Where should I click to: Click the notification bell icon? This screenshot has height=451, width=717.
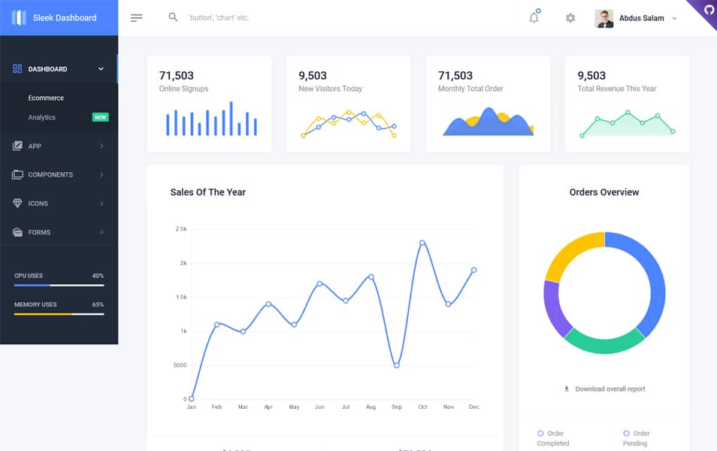[534, 18]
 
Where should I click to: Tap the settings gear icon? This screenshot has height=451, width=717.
[570, 18]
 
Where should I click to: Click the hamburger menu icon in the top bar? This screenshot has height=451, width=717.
[136, 18]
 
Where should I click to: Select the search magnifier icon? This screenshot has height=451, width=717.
[173, 17]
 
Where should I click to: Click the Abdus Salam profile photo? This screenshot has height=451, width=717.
[604, 18]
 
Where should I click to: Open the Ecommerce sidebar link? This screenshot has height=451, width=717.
[46, 98]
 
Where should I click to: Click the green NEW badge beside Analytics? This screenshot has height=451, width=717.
[100, 117]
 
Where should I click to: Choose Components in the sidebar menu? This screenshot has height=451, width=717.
[50, 174]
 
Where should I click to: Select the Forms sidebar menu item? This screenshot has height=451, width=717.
[39, 232]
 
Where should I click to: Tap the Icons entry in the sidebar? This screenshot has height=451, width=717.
[38, 204]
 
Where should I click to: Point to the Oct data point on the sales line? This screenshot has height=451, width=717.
[422, 243]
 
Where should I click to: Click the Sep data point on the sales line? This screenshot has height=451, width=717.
[397, 365]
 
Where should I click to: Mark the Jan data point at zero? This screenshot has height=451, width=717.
[192, 398]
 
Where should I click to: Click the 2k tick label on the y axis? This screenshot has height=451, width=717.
[183, 263]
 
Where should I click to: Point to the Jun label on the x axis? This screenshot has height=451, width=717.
[319, 407]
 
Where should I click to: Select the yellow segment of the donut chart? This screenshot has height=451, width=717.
[570, 251]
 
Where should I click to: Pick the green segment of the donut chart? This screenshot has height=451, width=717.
[604, 343]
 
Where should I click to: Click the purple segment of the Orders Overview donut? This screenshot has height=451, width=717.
[555, 308]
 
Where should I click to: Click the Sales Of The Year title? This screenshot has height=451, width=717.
[208, 192]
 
